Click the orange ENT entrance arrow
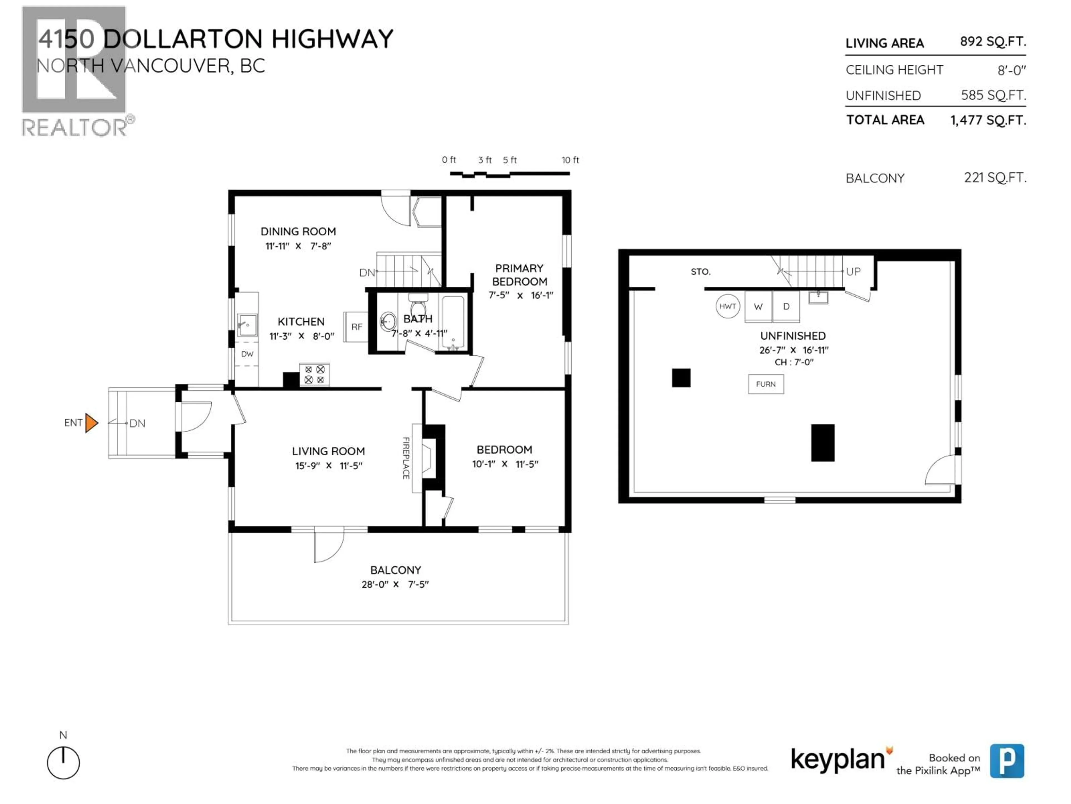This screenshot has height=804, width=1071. coord(91,423)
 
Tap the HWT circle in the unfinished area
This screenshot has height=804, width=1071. coord(727,306)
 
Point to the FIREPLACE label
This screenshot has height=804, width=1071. coord(406,458)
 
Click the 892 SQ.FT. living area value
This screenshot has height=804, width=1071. coord(993,42)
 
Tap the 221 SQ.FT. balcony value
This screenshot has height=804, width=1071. coord(995,178)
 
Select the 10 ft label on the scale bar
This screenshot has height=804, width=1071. coord(570,160)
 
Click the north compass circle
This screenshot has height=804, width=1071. coord(63,763)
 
